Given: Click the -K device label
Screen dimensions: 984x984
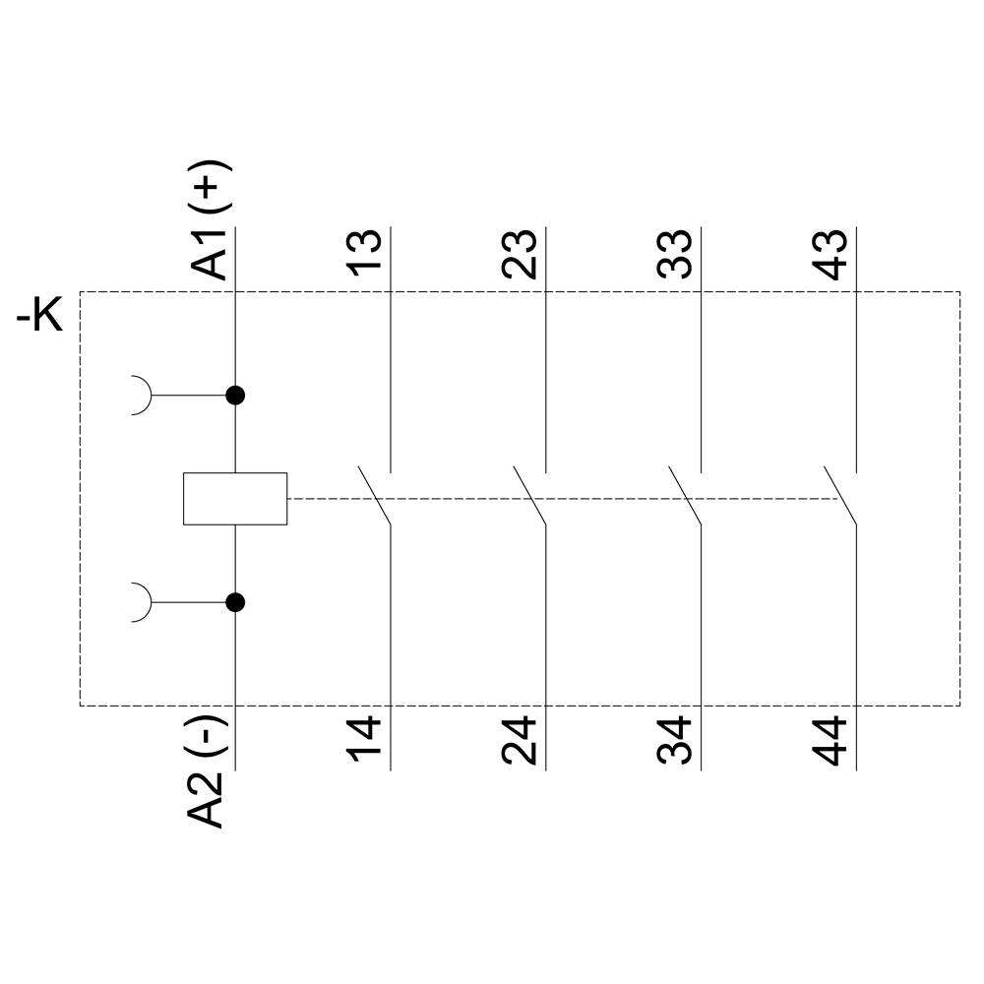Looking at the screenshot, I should click(x=39, y=318).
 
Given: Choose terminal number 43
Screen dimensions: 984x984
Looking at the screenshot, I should click(x=832, y=255).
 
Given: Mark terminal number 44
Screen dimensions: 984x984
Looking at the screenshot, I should click(x=832, y=742).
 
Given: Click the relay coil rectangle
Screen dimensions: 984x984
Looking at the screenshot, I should click(x=235, y=499).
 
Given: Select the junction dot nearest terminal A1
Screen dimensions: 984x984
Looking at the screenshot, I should click(x=235, y=396).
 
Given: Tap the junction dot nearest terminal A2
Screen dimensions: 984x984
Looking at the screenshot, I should click(x=235, y=602).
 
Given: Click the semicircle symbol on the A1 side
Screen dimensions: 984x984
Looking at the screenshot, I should click(x=142, y=396).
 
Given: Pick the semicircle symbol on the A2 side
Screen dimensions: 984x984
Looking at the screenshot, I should click(x=142, y=602).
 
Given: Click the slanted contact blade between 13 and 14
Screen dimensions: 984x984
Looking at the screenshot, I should click(x=375, y=496).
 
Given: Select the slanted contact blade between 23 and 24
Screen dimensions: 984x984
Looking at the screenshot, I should click(x=530, y=496).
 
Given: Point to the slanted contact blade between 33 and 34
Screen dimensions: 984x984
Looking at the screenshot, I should click(x=685, y=496).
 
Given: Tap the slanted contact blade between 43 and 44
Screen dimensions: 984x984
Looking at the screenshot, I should click(x=840, y=496).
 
